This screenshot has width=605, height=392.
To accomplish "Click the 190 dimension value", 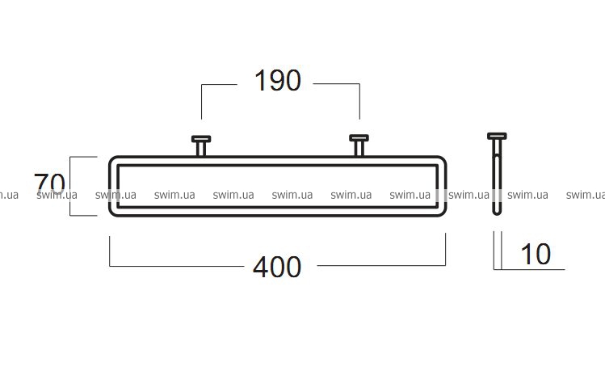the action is pos(278,81).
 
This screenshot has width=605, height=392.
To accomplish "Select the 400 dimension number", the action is pos(277,267).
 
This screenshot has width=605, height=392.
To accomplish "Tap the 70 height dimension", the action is pos(49,183).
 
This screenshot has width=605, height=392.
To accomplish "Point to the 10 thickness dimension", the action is pos(536,254).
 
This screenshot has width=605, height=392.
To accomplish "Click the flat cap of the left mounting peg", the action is pos(201,139).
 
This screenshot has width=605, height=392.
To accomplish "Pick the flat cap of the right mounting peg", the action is pos(359,138).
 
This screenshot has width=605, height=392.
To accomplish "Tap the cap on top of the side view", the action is pos(497,136).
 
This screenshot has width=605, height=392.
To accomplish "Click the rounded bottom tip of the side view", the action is pos(497,213).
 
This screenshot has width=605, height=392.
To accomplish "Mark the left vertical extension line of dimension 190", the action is pos(201,102).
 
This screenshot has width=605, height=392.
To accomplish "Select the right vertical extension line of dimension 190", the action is pos(360,102).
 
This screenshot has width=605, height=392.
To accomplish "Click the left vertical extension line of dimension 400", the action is pos(110,251).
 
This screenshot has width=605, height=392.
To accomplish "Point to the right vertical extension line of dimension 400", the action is pos(446,249).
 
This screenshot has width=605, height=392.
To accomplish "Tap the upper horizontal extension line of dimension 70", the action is pos(83,157).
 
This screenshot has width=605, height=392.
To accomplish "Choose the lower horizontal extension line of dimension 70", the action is pos(83,216).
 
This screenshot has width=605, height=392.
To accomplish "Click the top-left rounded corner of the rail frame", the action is pos(112,159).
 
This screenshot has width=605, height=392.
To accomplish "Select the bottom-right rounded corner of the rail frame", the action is pos(443,213).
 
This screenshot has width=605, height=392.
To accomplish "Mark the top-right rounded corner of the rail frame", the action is pos(443,159).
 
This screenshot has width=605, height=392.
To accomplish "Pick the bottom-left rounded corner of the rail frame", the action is pos(112,213).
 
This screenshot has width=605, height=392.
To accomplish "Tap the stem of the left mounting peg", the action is pos(200,149).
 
